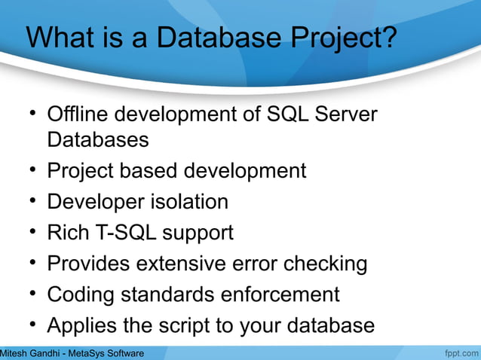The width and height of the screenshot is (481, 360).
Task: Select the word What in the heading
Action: click(x=60, y=39)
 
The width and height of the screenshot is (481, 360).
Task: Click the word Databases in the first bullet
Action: click(x=97, y=140)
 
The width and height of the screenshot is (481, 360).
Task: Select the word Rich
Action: click(x=69, y=233)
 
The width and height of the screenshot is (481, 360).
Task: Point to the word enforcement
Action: click(x=280, y=294)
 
